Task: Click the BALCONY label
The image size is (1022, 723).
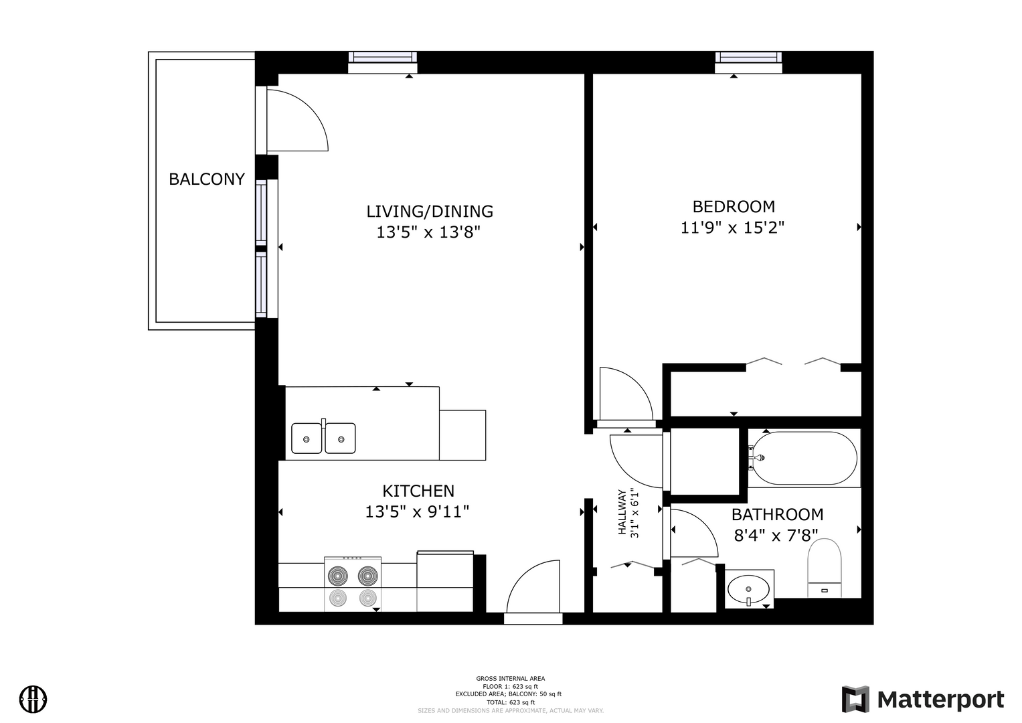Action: point(207,179)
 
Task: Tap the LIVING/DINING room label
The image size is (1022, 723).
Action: point(430,212)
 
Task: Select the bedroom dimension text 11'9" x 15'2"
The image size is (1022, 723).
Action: point(732,228)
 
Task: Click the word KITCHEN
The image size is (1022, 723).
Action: point(418,491)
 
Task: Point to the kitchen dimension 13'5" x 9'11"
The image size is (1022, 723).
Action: point(417,512)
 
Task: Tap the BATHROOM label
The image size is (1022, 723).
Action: point(778,514)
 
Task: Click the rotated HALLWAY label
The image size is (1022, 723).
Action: point(621,512)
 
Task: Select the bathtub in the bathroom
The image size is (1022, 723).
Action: point(804,458)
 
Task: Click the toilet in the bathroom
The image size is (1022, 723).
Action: point(825,568)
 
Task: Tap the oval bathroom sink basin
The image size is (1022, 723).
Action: point(748,589)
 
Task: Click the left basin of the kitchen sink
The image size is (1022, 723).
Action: point(307,438)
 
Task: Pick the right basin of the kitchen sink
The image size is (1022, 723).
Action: point(341,438)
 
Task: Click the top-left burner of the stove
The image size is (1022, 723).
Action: point(337,576)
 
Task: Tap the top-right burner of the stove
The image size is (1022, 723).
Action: point(367,576)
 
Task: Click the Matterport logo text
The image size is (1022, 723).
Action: point(941,700)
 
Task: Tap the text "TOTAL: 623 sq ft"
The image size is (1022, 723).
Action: point(511,702)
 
